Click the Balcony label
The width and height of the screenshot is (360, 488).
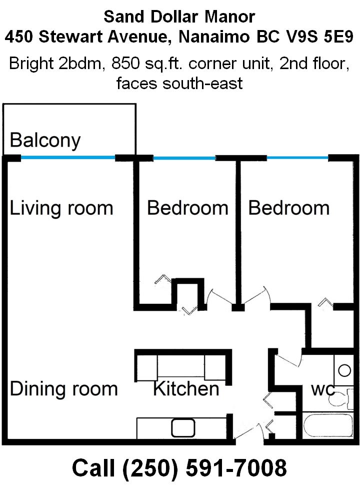[45, 141]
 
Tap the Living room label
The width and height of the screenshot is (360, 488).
[61, 208]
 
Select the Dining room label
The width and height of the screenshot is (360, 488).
[63, 389]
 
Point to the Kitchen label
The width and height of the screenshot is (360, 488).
[186, 389]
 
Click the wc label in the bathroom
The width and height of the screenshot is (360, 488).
[322, 390]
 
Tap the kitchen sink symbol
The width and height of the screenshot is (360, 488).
[183, 428]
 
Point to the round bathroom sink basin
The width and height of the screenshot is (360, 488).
[344, 370]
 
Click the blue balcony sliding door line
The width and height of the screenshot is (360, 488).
[68, 158]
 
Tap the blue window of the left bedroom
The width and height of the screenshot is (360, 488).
[184, 158]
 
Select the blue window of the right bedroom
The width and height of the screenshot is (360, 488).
[297, 158]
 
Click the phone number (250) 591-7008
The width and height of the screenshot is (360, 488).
[204, 468]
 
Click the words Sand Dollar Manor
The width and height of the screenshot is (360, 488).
[179, 17]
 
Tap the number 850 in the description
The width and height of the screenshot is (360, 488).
[125, 64]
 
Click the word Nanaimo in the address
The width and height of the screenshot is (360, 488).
[214, 37]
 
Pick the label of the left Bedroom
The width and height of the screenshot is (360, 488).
[188, 208]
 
